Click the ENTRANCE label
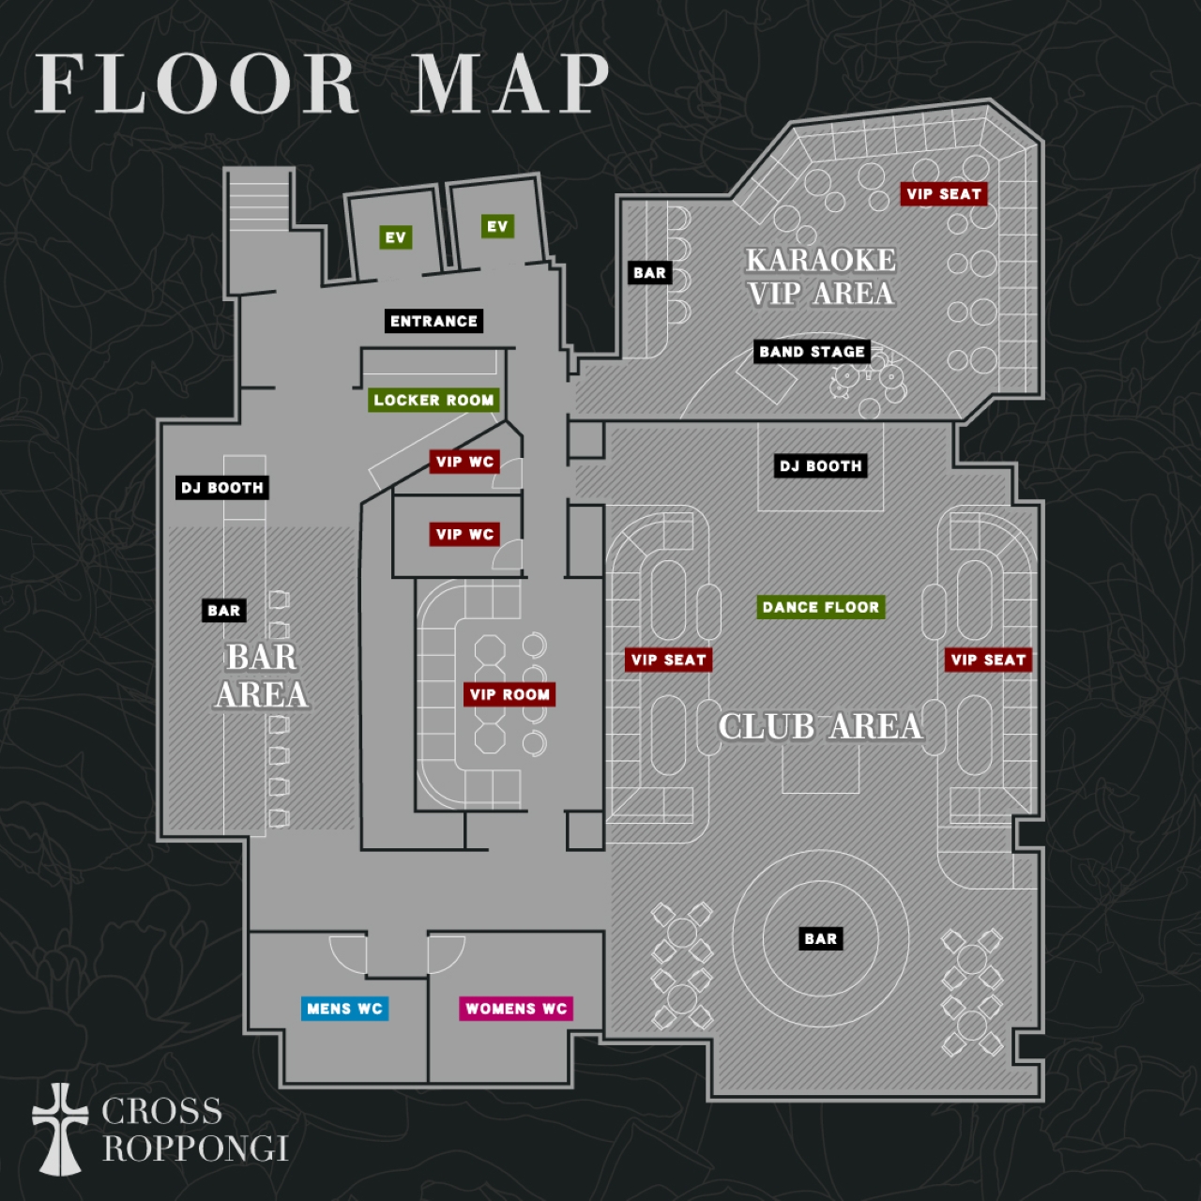433,321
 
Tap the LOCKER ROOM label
433,400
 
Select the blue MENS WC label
344,1009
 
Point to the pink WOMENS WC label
516,1009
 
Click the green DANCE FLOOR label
821,607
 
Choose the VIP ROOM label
509,694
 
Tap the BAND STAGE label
813,352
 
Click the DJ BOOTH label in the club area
820,465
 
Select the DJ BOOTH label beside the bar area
222,487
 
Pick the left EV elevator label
396,237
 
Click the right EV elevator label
497,226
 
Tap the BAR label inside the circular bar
821,938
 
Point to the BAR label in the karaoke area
649,272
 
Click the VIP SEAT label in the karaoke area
944,194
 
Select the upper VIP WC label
465,462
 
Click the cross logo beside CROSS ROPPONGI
60,1130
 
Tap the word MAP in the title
509,84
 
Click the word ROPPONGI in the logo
196,1148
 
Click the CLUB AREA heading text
821,726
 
